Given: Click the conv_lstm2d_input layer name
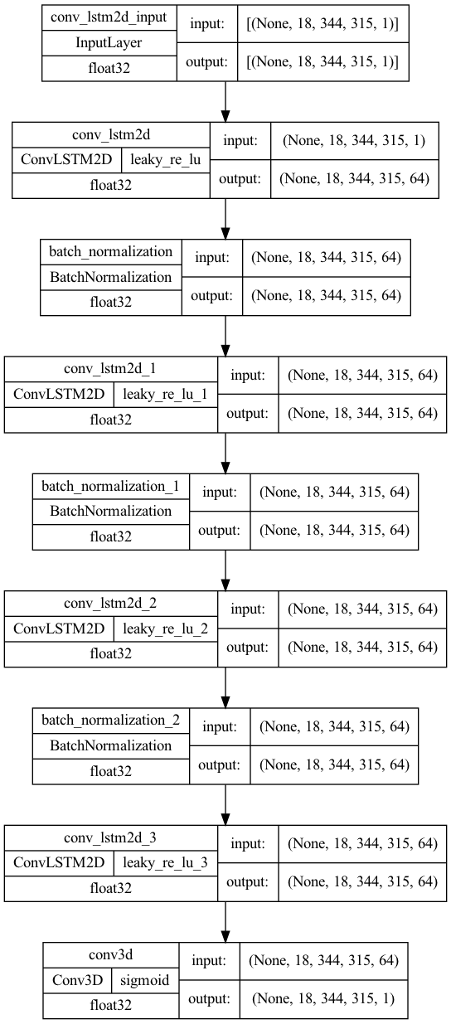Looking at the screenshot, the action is pyautogui.click(x=109, y=17).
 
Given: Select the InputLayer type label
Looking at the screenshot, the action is pyautogui.click(x=109, y=43).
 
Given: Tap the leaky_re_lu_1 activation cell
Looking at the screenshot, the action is pyautogui.click(x=165, y=394).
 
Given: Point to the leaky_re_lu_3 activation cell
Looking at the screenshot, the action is pyautogui.click(x=165, y=862).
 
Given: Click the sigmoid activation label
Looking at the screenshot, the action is pyautogui.click(x=144, y=980).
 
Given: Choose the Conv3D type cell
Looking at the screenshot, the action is pyautogui.click(x=77, y=980).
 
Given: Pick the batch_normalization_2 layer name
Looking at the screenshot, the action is pyautogui.click(x=110, y=721).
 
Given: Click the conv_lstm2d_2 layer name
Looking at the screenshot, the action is pyautogui.click(x=110, y=604).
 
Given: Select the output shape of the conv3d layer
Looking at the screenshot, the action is pyautogui.click(x=323, y=998).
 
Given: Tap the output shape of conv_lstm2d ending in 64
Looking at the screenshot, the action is pyautogui.click(x=354, y=179).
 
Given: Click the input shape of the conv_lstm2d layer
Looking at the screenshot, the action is pyautogui.click(x=354, y=140).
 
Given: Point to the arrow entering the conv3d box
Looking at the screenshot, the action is pyautogui.click(x=225, y=922).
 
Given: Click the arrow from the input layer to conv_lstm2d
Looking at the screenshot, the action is pyautogui.click(x=225, y=101).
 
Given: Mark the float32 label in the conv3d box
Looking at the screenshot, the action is pyautogui.click(x=110, y=1005).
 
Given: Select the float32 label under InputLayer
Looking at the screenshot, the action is pyautogui.click(x=109, y=69).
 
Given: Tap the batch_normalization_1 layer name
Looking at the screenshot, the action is pyautogui.click(x=110, y=486).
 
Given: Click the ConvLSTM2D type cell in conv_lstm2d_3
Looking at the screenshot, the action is pyautogui.click(x=59, y=862).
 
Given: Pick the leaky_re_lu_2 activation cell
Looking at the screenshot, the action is pyautogui.click(x=165, y=628).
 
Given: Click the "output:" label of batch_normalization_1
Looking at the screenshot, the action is pyautogui.click(x=219, y=531).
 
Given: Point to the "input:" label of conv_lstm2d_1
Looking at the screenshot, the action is pyautogui.click(x=248, y=376).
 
